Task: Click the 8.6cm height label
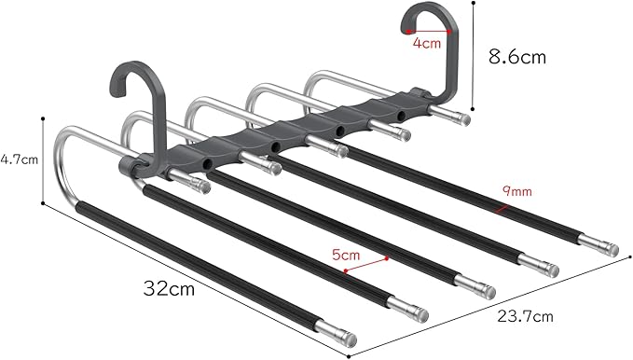(517, 57)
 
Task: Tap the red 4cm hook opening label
(427, 43)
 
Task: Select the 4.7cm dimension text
(19, 159)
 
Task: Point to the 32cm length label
(169, 288)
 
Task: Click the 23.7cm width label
(525, 316)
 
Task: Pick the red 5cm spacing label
(346, 255)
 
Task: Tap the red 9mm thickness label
(516, 190)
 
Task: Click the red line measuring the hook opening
(429, 32)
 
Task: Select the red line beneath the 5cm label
(366, 265)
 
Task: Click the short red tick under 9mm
(502, 209)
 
